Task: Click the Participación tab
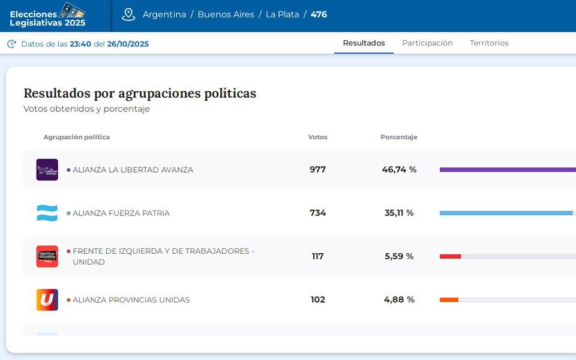(x=427, y=43)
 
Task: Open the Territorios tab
(x=489, y=43)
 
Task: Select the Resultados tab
(x=364, y=43)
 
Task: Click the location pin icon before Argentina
(x=128, y=14)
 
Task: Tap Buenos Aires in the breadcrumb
(x=226, y=14)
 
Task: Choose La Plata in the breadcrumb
(x=283, y=14)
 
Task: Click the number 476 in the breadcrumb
(x=319, y=14)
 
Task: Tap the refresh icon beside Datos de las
(x=11, y=44)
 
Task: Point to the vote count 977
(x=317, y=170)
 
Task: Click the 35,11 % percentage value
(x=399, y=213)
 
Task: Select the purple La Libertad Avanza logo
(x=47, y=170)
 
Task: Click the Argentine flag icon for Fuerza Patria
(x=47, y=213)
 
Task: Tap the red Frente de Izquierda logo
(x=47, y=256)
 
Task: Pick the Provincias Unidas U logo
(x=47, y=299)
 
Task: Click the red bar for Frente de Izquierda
(x=450, y=256)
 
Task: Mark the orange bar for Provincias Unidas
(x=449, y=299)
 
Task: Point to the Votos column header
(x=317, y=137)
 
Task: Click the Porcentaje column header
(x=398, y=137)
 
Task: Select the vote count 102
(x=317, y=299)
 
